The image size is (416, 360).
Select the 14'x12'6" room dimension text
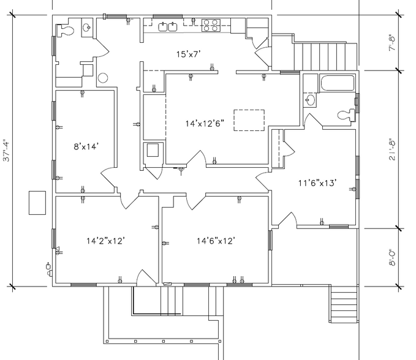tap(205, 123)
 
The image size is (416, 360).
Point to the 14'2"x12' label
tap(105, 241)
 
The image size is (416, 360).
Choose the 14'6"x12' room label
tap(216, 241)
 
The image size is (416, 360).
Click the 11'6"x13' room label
tap(317, 182)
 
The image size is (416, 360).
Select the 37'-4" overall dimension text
tap(8, 148)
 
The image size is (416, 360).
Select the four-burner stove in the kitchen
tap(210, 25)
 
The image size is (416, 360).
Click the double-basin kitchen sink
tap(168, 26)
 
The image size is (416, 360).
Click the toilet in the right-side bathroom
tap(347, 113)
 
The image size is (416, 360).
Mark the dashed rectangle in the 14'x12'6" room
tap(249, 119)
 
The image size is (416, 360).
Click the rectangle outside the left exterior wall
tap(37, 203)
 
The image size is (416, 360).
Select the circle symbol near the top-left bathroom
tap(102, 78)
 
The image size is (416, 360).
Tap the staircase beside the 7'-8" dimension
tap(324, 56)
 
